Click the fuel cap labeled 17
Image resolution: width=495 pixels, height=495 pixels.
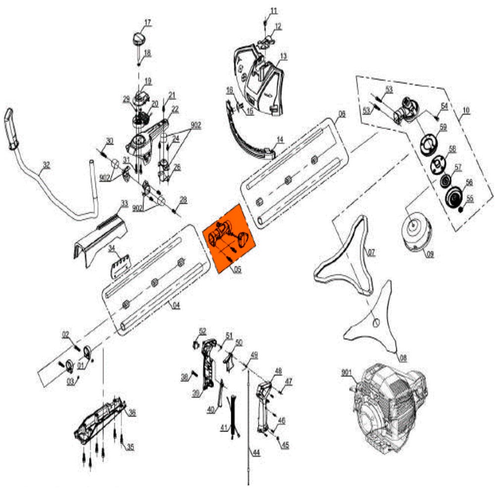139,39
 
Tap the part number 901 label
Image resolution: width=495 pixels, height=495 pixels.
347,372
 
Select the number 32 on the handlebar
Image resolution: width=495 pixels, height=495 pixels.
46,165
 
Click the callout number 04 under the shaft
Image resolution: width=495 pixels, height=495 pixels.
176,305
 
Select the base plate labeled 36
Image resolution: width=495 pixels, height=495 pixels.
101,416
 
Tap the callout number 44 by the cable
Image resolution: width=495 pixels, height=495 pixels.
256,452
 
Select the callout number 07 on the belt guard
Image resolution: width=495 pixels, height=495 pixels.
371,251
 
